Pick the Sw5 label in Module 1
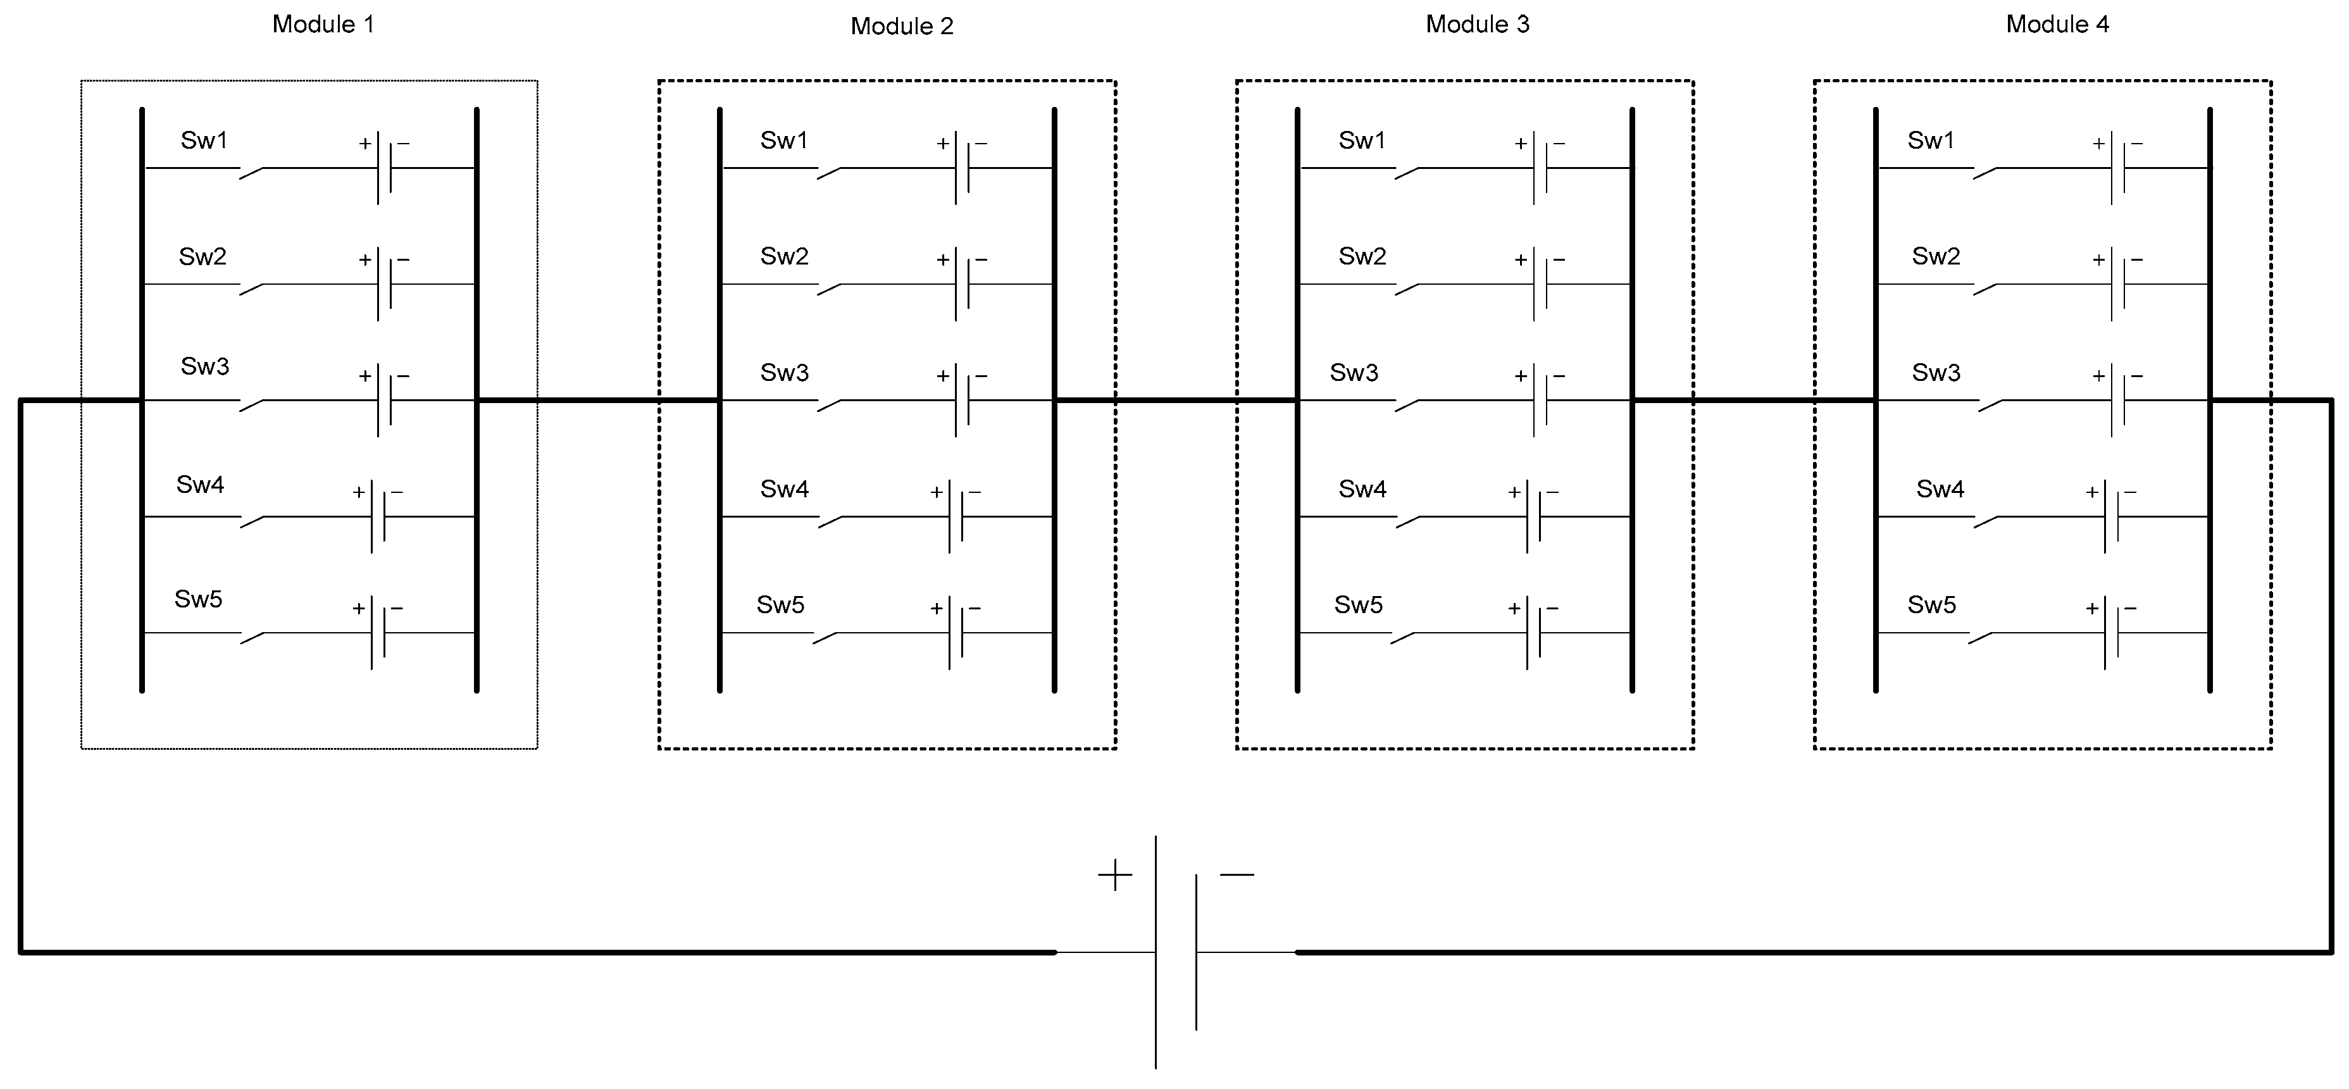(198, 599)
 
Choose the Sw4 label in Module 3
(1362, 490)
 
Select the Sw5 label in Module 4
(1931, 606)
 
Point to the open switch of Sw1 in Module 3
(1407, 172)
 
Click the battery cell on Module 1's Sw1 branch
(385, 168)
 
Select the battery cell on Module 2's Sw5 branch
(956, 632)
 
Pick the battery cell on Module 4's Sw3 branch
(2117, 399)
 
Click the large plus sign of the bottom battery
(1114, 876)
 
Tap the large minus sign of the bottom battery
(1237, 874)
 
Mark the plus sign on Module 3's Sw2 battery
(1520, 260)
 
